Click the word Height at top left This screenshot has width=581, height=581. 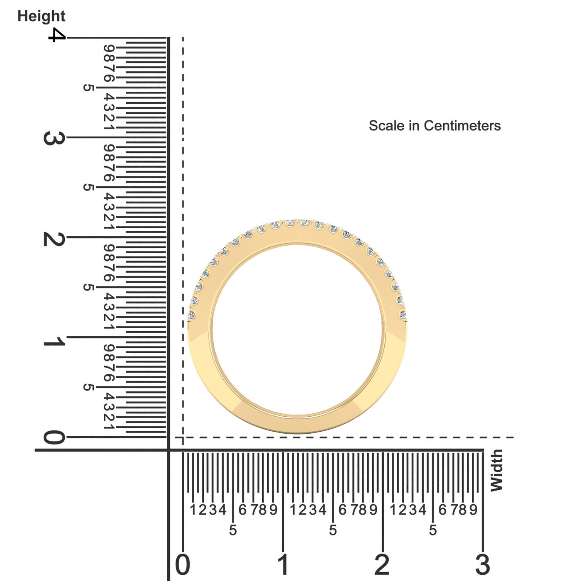[x=41, y=17]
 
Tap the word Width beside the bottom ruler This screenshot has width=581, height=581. [x=497, y=470]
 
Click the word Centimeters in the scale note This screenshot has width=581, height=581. [x=462, y=126]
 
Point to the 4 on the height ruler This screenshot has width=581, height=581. [x=57, y=35]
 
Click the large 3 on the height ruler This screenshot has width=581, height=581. [x=54, y=138]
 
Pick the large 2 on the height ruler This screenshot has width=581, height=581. [x=54, y=239]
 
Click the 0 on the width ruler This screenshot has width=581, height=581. [x=183, y=564]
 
